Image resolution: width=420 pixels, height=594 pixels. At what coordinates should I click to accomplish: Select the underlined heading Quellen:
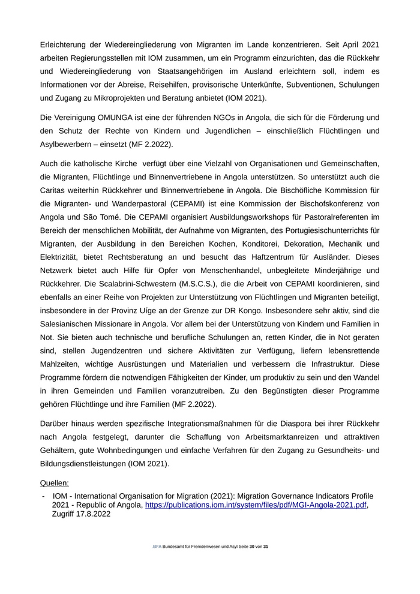(x=55, y=482)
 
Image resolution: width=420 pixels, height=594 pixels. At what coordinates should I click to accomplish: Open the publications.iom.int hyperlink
(x=256, y=505)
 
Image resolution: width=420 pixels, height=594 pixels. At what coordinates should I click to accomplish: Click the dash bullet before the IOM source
(x=43, y=496)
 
